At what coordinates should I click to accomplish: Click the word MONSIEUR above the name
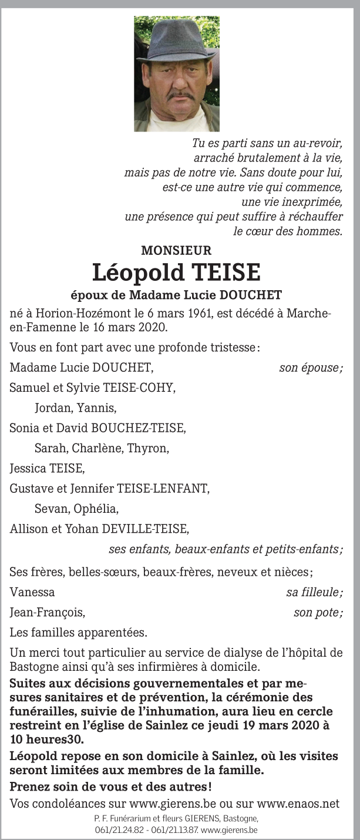(x=176, y=251)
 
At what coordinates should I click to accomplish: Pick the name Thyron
(x=152, y=449)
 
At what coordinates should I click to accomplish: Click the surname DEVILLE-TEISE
(x=146, y=529)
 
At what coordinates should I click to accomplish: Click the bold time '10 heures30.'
(x=46, y=739)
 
